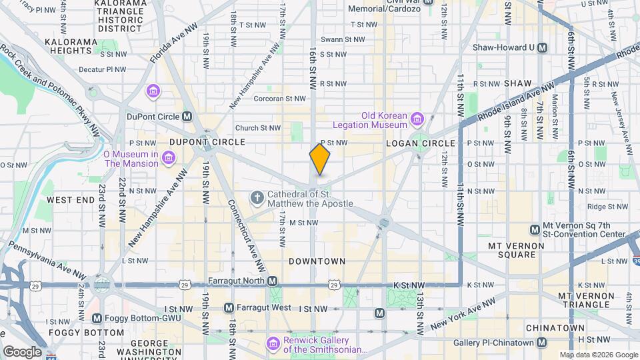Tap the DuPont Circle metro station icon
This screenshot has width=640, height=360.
pos(187,117)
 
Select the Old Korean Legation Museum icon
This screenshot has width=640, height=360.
pos(417,120)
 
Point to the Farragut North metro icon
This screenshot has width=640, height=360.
pos(273,281)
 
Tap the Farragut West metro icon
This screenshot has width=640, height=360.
pos(229,308)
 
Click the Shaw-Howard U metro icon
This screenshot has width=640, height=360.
pos(543,47)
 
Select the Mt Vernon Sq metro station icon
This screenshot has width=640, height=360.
pos(535,229)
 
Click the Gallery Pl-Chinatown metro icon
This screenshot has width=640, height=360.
pos(542,343)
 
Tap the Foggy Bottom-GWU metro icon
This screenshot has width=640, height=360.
pos(97,319)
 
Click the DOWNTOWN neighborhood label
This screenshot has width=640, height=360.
pos(317,261)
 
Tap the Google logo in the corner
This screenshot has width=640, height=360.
pos(21,352)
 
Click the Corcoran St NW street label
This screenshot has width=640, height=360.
pos(280,99)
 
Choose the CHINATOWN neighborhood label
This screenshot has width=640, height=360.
pos(555,328)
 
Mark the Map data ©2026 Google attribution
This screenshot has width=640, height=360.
pos(598,355)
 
